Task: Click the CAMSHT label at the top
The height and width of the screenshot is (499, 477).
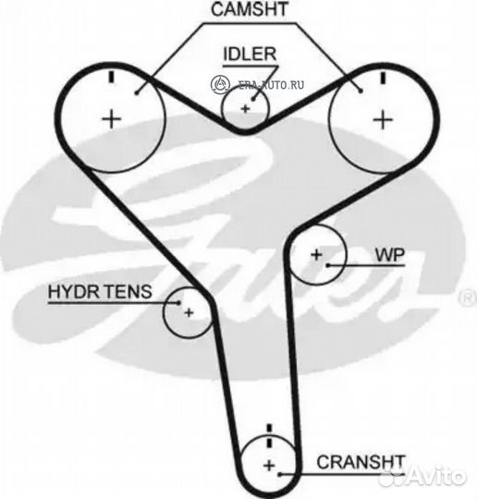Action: click(249, 9)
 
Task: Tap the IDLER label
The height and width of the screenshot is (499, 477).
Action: click(250, 55)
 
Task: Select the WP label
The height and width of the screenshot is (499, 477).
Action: click(390, 255)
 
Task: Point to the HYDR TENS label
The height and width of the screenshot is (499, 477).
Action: click(100, 291)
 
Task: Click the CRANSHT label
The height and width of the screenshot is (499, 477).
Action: click(361, 462)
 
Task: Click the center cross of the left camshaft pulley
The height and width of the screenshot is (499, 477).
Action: click(112, 119)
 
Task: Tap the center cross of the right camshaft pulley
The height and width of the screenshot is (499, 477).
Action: click(383, 120)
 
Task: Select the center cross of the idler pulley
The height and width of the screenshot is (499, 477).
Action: click(245, 109)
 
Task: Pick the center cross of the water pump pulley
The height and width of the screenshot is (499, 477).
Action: click(316, 255)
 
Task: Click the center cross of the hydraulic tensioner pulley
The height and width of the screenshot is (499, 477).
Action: click(189, 313)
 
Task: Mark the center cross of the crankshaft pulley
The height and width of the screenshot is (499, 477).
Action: click(269, 465)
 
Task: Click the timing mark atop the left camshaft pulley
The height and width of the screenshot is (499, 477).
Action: click(111, 77)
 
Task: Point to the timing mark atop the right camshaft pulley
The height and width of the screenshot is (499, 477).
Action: click(383, 78)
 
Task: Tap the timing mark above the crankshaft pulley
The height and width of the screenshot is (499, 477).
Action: click(270, 435)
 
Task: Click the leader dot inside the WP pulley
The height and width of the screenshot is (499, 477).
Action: click(328, 265)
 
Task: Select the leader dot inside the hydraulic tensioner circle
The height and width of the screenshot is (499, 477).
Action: click(178, 303)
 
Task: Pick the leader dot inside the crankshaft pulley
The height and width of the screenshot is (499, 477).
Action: click(279, 475)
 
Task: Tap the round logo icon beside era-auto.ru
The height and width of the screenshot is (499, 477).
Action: click(220, 84)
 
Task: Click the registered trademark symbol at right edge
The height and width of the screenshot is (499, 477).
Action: click(468, 298)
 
